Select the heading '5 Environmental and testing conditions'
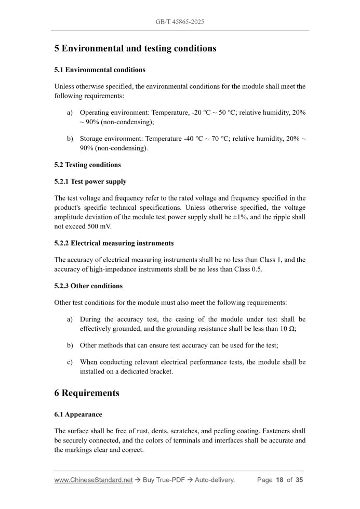tap(135, 48)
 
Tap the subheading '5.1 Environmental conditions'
tap(100, 70)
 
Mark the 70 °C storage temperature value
tap(219, 139)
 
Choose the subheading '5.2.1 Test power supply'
tap(90, 182)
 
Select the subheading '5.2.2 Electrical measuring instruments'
tap(114, 243)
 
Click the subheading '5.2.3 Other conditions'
tap(88, 286)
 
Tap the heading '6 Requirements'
tap(87, 393)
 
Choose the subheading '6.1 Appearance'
tap(78, 414)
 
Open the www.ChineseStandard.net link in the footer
tap(94, 480)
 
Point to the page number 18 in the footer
tap(279, 480)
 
